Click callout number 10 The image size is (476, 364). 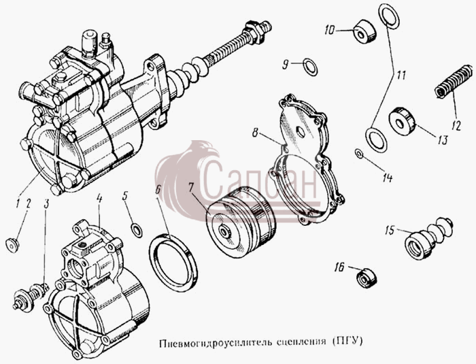329,30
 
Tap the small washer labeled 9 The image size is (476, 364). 311,67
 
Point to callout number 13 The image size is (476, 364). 442,139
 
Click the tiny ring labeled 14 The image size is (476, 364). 359,154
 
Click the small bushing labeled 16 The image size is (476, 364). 366,278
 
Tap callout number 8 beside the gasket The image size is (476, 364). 255,133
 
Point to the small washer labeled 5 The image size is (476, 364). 137,230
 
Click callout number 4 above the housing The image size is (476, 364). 99,199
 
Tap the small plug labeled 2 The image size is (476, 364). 12,244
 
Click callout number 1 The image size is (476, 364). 18,204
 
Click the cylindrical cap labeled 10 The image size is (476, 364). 364,31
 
